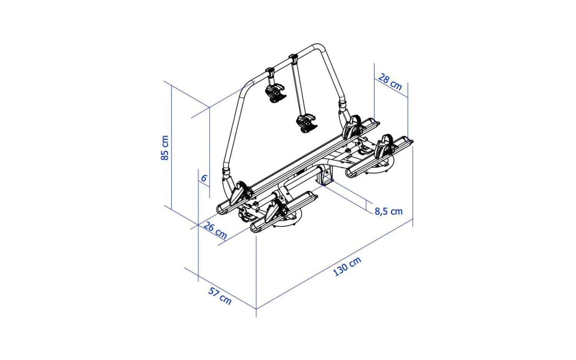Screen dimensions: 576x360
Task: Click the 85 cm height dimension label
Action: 165,148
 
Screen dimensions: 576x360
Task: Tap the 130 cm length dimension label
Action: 347,266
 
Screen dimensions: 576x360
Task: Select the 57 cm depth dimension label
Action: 220,296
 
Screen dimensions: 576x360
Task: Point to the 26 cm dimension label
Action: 215,230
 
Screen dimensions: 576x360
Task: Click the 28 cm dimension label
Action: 390,82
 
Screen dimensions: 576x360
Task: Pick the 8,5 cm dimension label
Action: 388,211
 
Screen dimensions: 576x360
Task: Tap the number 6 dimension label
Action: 204,178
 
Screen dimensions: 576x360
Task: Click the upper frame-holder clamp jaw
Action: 276,93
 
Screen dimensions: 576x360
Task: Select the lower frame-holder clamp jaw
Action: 307,124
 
